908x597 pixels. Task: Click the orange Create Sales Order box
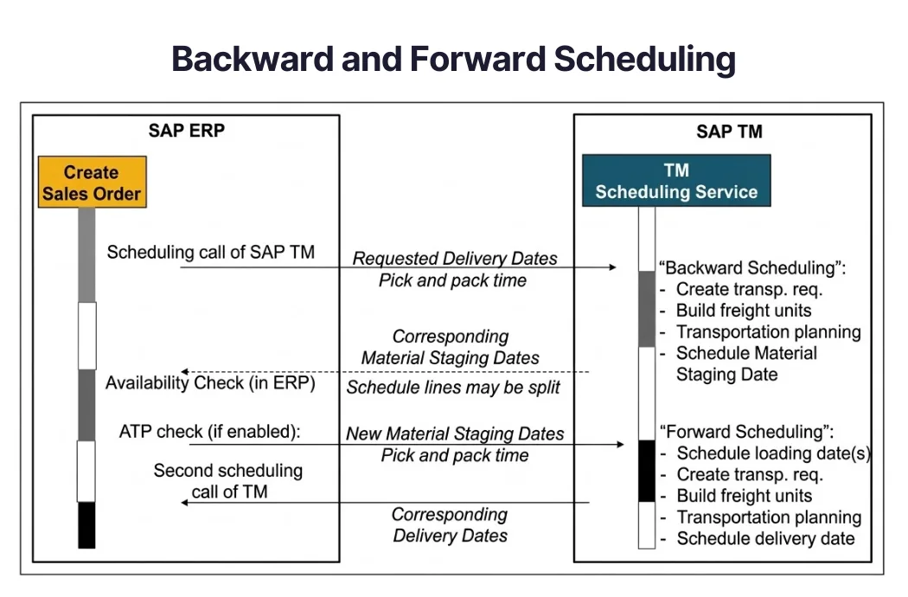[91, 182]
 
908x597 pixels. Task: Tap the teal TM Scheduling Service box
[676, 181]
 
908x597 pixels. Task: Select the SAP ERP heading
[187, 132]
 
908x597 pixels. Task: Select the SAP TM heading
[729, 132]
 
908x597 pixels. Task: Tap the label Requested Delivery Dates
[455, 258]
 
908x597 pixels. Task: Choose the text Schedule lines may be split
[453, 387]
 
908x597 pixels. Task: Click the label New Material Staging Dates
[455, 433]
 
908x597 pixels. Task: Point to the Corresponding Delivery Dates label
[450, 525]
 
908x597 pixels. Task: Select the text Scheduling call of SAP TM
[210, 252]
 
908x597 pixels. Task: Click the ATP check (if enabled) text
[209, 431]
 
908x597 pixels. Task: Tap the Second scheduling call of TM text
[228, 481]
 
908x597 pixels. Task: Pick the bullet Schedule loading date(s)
[773, 453]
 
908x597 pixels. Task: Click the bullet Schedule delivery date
[765, 538]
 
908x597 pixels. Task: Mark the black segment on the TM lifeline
[646, 471]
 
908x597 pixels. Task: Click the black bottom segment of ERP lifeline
[86, 524]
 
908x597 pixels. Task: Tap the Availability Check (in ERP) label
[210, 382]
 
